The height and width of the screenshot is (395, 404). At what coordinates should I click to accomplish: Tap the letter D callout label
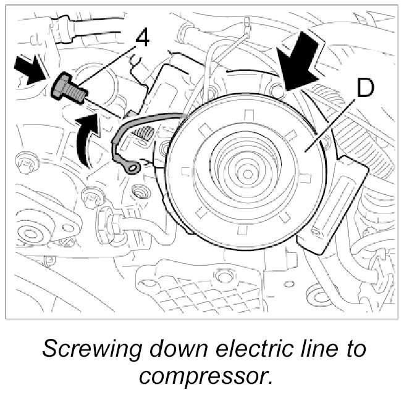point(365,91)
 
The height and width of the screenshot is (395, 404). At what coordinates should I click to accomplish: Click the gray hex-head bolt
point(67,87)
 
